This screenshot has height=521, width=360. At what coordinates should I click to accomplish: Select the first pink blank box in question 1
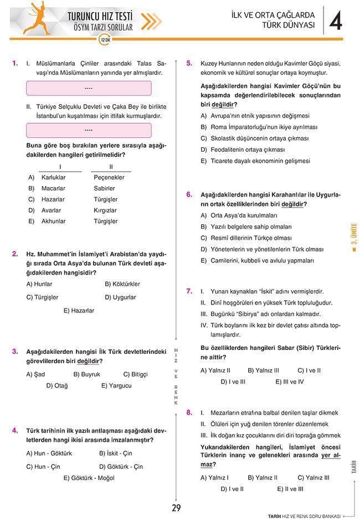89,88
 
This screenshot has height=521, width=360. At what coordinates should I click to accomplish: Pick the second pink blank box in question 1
89,130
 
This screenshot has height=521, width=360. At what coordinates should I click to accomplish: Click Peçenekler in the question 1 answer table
109,177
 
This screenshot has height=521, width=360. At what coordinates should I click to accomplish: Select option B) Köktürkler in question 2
122,284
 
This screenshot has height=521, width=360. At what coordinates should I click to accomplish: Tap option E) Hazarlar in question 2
79,311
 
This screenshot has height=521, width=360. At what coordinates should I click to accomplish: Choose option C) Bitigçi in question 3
136,374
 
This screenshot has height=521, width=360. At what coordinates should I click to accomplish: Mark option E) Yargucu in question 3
116,385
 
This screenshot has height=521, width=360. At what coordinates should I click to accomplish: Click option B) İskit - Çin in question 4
116,453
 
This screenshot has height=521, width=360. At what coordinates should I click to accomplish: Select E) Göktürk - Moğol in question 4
89,478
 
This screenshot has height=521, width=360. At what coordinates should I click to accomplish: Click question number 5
189,63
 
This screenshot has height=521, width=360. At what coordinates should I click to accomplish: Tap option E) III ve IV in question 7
290,381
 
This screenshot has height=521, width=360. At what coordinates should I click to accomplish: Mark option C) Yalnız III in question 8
313,477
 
